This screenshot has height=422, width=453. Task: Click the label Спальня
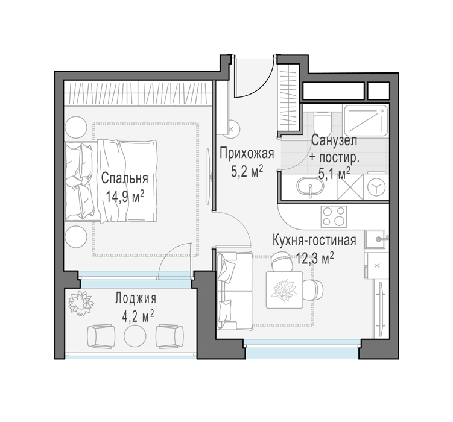124,178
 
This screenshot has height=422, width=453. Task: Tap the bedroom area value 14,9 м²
124,197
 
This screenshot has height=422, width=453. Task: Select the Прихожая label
247,154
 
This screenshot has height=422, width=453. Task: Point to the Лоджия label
136,298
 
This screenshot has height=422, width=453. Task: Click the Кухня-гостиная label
314,240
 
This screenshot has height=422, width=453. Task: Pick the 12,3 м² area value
315,258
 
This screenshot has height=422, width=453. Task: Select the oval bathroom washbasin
310,187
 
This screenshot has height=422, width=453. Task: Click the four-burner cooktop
334,217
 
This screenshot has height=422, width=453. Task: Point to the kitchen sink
375,239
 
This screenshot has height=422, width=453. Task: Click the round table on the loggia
135,335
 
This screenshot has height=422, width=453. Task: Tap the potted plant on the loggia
81,303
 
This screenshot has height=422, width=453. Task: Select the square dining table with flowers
285,290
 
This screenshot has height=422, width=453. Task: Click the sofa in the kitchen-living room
235,291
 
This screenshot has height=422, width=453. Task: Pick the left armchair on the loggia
101,336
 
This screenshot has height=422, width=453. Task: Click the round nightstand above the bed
76,127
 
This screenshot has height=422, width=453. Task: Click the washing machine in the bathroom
376,187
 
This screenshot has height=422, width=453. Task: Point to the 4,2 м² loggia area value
138,316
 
